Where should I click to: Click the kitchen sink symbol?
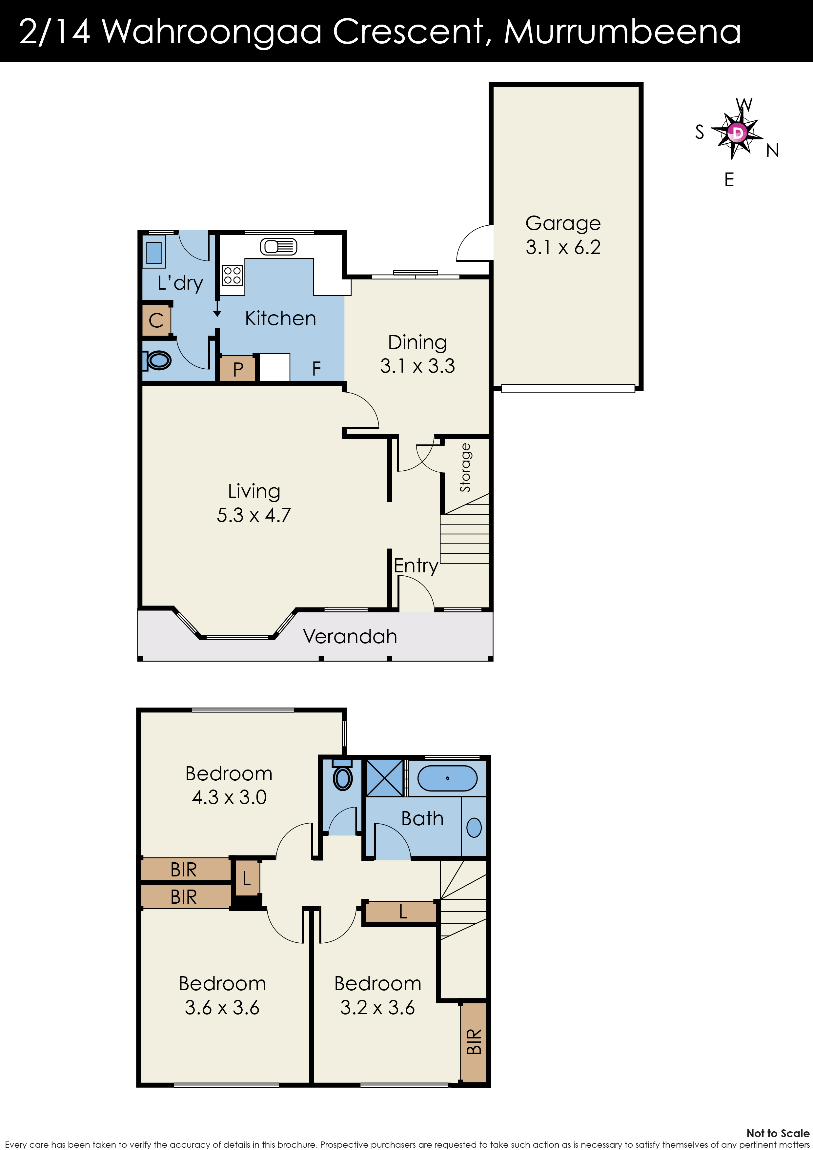click(x=278, y=246)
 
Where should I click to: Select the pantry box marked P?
click(x=238, y=369)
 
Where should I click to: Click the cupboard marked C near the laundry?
click(x=156, y=320)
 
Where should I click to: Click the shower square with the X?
click(x=385, y=778)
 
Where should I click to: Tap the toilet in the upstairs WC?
click(x=343, y=776)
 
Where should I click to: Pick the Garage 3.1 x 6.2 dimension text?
click(x=563, y=247)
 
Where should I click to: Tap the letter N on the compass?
click(x=772, y=150)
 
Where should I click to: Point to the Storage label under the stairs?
click(x=465, y=467)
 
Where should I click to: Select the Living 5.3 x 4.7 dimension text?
click(x=254, y=515)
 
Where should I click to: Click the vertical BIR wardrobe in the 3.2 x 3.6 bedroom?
click(x=473, y=1041)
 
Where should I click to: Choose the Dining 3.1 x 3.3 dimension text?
click(x=417, y=366)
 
